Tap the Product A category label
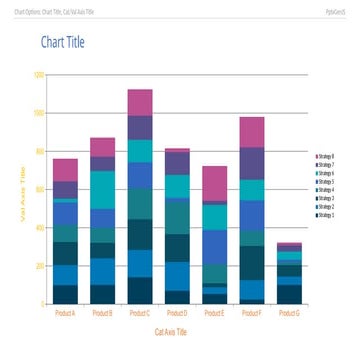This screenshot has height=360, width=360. tap(65, 313)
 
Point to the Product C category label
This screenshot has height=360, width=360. tap(140, 313)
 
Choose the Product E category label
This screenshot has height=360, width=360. tap(215, 313)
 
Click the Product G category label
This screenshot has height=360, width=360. tap(289, 313)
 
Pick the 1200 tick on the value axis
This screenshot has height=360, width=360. tap(38, 74)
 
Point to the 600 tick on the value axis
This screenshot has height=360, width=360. tap(39, 189)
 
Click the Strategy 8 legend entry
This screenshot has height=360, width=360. tap(324, 157)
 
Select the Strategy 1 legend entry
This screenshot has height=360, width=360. tap(324, 215)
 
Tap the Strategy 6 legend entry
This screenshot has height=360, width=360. tap(324, 174)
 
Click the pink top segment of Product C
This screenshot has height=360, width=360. tap(140, 102)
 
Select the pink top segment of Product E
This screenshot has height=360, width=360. tap(215, 184)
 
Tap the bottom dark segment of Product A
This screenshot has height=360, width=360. tap(65, 294)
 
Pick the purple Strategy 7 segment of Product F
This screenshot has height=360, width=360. tap(252, 163)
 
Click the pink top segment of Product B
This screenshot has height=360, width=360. tap(103, 147)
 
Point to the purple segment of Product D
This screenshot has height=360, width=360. tap(177, 163)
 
